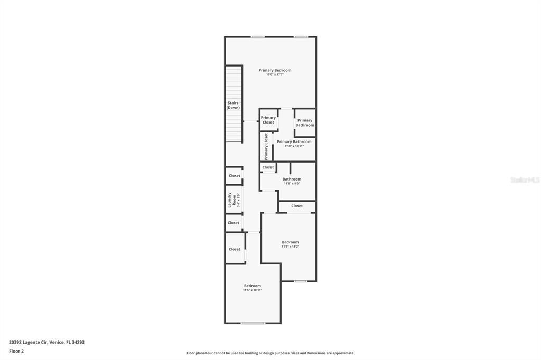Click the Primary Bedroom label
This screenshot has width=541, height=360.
tap(275, 70)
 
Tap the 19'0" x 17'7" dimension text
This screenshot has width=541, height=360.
tap(275, 75)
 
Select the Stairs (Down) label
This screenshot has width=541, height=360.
tap(233, 105)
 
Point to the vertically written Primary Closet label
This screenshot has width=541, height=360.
tap(266, 146)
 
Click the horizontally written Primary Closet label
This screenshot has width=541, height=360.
tap(268, 120)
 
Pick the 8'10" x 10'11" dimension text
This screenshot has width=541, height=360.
tap(294, 146)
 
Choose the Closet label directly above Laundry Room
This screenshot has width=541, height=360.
tap(235, 176)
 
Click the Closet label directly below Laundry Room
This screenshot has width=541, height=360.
tap(234, 223)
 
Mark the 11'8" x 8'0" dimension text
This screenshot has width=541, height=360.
tap(292, 184)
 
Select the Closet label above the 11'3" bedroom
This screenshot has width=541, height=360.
tap(297, 206)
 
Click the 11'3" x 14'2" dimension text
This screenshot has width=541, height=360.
tap(290, 247)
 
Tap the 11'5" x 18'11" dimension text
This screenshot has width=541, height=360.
tap(253, 290)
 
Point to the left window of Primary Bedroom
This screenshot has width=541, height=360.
tap(258, 36)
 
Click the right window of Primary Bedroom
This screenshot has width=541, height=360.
tap(301, 36)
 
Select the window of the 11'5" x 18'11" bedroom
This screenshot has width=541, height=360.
tap(253, 323)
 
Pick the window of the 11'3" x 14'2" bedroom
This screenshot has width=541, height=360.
tap(301, 281)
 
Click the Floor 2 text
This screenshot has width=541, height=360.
tap(16, 350)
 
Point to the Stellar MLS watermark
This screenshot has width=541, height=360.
tap(525, 180)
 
